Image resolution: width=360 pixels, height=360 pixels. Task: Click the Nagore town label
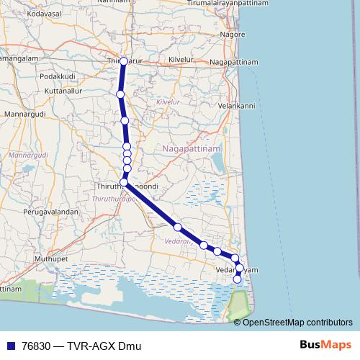click(x=233, y=34)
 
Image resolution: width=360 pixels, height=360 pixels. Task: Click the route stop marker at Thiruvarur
click(x=124, y=61)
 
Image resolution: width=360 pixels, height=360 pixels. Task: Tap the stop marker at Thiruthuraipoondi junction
click(x=124, y=183)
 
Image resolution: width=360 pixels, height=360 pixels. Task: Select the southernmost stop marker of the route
click(x=238, y=279)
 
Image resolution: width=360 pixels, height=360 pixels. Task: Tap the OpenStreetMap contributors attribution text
click(x=297, y=322)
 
